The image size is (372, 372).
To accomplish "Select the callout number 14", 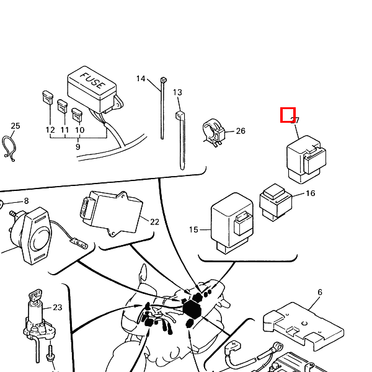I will coord(141,79).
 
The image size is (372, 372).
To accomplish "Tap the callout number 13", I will coord(177,92).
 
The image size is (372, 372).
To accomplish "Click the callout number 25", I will coord(15,126).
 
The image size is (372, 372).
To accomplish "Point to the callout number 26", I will coord(241,131).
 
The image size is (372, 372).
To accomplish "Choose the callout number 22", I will coord(154,221).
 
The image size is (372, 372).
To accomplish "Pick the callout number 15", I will coord(193,230).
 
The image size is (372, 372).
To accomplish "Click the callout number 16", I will coord(310,193).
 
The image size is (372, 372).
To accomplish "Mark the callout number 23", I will coord(58,307).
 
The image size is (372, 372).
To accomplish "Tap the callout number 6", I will coord(320,292).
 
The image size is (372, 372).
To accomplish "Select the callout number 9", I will coord(78,147).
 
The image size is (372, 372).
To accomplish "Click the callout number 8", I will coord(26,201).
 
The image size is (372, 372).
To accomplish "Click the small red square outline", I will coord(288,115).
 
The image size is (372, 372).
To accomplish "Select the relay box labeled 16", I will coord(274,201).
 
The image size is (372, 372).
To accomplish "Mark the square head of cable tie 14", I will coord(163,81).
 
